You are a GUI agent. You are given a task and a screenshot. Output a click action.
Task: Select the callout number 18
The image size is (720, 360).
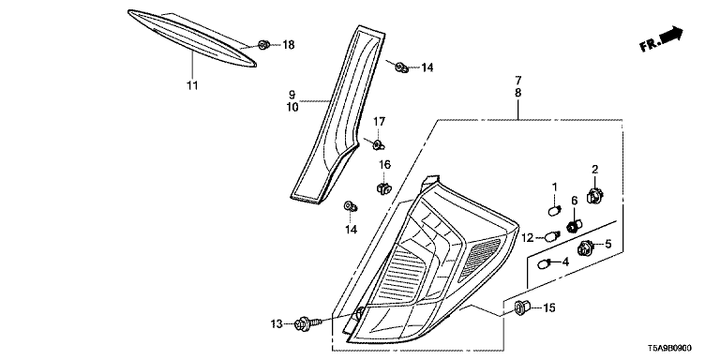coord(289,45)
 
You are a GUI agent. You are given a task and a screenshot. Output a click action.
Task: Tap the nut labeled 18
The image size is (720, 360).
coord(263,45)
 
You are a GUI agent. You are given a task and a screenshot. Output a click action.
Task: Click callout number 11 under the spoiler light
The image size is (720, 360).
coord(192,85)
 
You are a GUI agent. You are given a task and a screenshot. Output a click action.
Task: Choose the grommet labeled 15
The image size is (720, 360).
coord(522,307)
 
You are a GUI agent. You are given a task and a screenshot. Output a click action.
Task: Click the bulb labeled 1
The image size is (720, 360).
coord(554,211)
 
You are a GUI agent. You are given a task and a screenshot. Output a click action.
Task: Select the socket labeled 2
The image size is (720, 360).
coord(594,196)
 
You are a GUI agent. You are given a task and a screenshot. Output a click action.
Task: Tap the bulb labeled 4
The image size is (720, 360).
coord(544,264)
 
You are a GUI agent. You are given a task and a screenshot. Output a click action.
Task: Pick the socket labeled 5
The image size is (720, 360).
coord(585,247)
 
